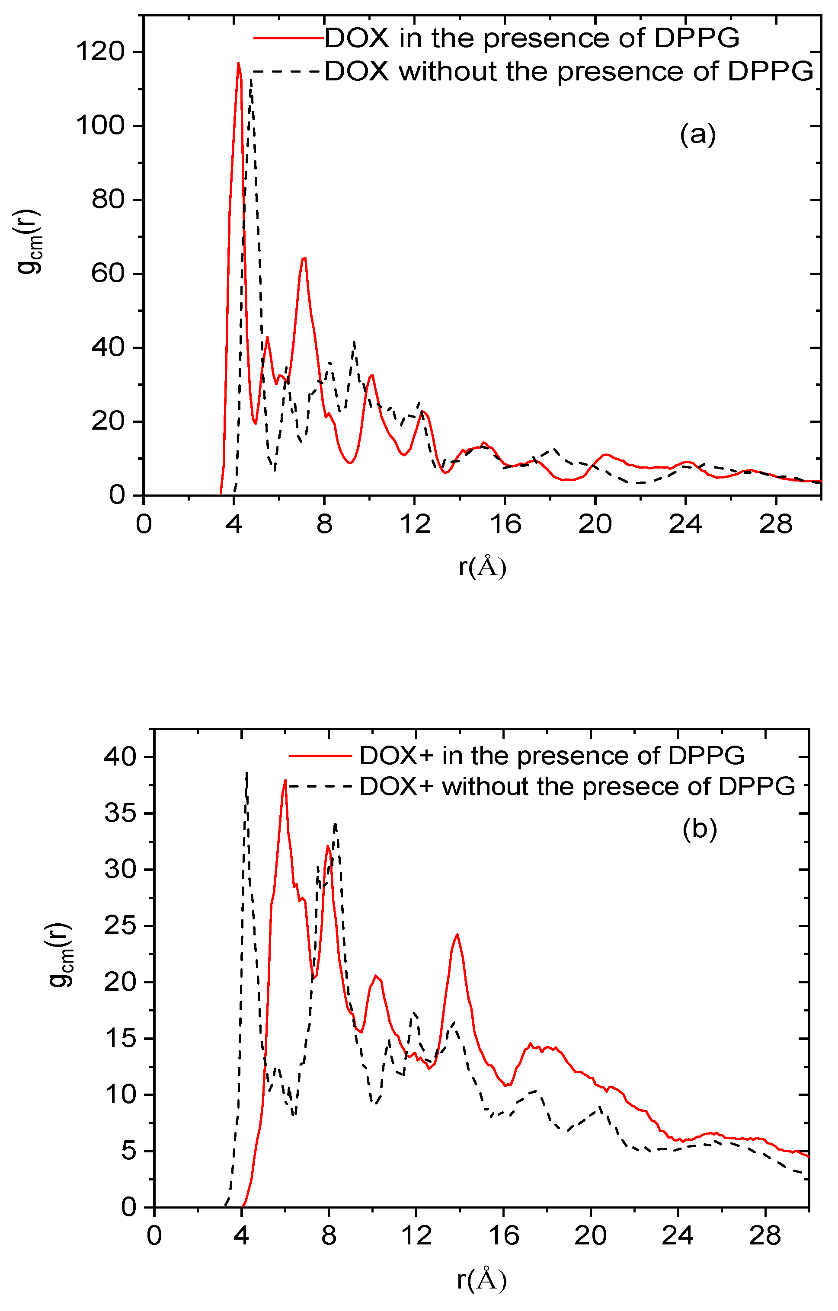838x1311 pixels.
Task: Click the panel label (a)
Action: point(697,134)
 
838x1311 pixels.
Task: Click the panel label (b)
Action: point(699,828)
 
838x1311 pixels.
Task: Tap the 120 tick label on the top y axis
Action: point(100,52)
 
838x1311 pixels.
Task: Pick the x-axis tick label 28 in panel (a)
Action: point(775,525)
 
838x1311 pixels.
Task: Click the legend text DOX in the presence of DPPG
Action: point(532,38)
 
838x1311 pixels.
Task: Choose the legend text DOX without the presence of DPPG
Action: point(569,71)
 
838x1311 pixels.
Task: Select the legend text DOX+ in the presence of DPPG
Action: point(552,756)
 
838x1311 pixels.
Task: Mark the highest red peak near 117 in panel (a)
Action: point(238,64)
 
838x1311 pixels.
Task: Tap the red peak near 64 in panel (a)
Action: point(304,258)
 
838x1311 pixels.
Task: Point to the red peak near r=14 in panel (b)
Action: point(457,935)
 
